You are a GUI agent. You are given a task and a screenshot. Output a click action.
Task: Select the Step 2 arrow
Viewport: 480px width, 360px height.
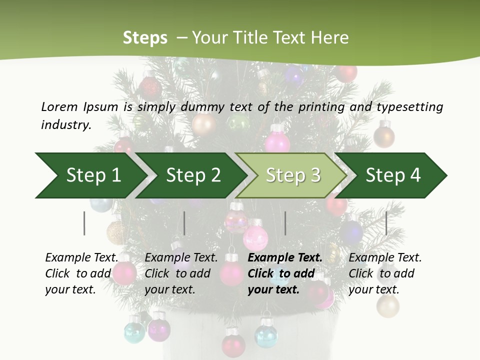pos(193,175)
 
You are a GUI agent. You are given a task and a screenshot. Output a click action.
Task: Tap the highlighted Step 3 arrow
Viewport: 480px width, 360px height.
pos(293,175)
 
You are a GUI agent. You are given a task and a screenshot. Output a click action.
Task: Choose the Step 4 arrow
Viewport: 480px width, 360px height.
pos(393,175)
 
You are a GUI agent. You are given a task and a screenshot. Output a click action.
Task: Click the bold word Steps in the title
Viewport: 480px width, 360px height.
pos(145,38)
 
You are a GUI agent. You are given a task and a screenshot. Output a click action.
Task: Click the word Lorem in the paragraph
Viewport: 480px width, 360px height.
pos(59,106)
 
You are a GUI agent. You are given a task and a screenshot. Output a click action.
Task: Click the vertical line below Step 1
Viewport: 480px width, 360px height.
pos(84,223)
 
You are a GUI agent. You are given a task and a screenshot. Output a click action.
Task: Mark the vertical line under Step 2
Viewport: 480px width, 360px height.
pos(184,223)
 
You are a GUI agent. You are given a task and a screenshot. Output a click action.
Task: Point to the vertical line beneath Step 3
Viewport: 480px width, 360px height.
pos(285,223)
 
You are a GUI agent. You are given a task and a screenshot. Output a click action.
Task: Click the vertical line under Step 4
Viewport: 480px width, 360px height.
pos(386,223)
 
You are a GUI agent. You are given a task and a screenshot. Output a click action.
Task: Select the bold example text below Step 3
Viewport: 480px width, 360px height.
pos(284,273)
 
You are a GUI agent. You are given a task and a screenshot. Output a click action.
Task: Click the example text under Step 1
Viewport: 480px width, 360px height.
pos(81,273)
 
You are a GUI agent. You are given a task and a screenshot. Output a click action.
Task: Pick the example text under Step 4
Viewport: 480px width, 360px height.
pos(384,273)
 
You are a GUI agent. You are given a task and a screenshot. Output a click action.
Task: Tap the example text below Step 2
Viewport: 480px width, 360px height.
pos(181,273)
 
